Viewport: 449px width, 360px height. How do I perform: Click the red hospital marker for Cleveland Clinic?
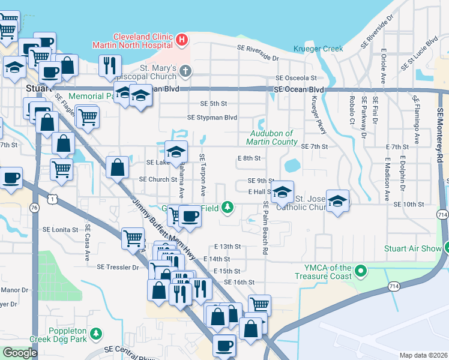tap(182, 40)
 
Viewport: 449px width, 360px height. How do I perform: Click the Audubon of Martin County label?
tap(271, 137)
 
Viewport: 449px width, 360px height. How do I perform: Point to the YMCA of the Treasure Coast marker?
tap(361, 272)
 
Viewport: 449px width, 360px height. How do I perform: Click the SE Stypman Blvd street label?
tap(212, 118)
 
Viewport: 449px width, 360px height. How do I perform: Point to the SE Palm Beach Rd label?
tap(265, 228)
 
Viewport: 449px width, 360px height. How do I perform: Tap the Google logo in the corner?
tap(20, 353)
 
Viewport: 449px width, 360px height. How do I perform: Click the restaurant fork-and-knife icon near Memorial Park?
tap(109, 65)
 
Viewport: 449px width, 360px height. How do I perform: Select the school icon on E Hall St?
tap(282, 192)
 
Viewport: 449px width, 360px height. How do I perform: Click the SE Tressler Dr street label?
tap(118, 267)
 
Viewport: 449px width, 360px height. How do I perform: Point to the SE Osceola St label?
tap(295, 78)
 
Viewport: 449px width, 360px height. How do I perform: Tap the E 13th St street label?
tap(228, 247)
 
